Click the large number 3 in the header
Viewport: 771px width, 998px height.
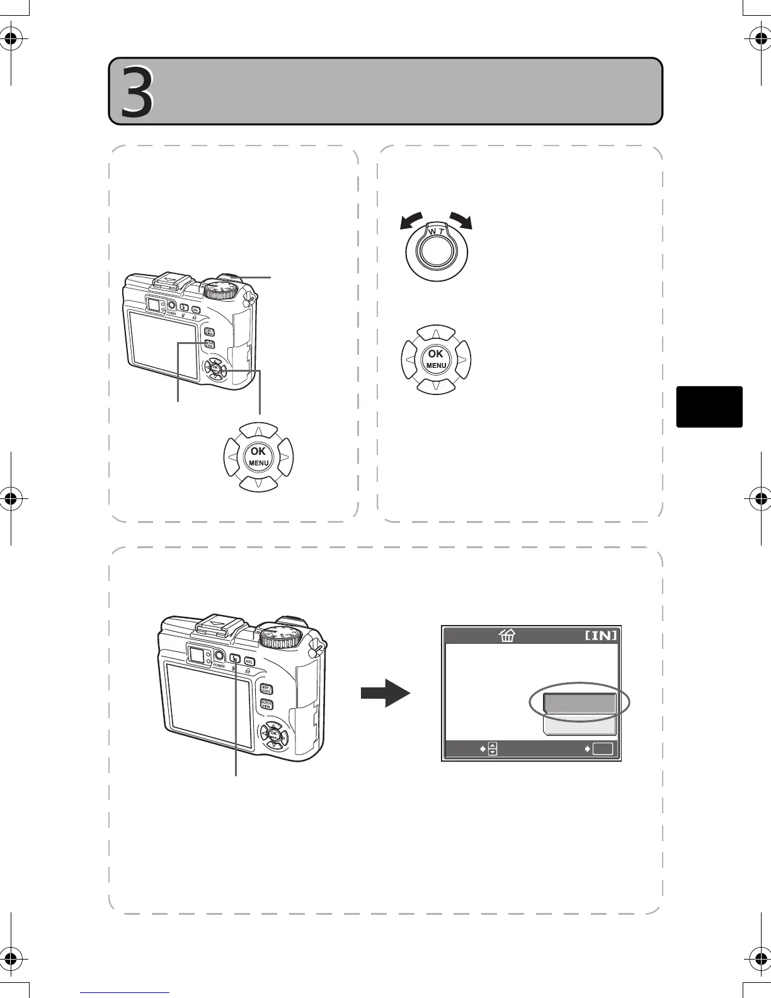click(137, 92)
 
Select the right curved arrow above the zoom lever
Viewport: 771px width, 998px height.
click(460, 222)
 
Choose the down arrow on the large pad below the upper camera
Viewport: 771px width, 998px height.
click(259, 483)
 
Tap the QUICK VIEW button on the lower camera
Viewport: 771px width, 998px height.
click(266, 706)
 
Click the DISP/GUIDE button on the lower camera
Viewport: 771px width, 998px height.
click(266, 689)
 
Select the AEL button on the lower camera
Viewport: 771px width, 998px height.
click(249, 661)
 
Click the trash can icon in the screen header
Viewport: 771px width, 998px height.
click(506, 635)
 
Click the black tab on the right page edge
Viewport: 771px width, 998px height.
click(709, 407)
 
